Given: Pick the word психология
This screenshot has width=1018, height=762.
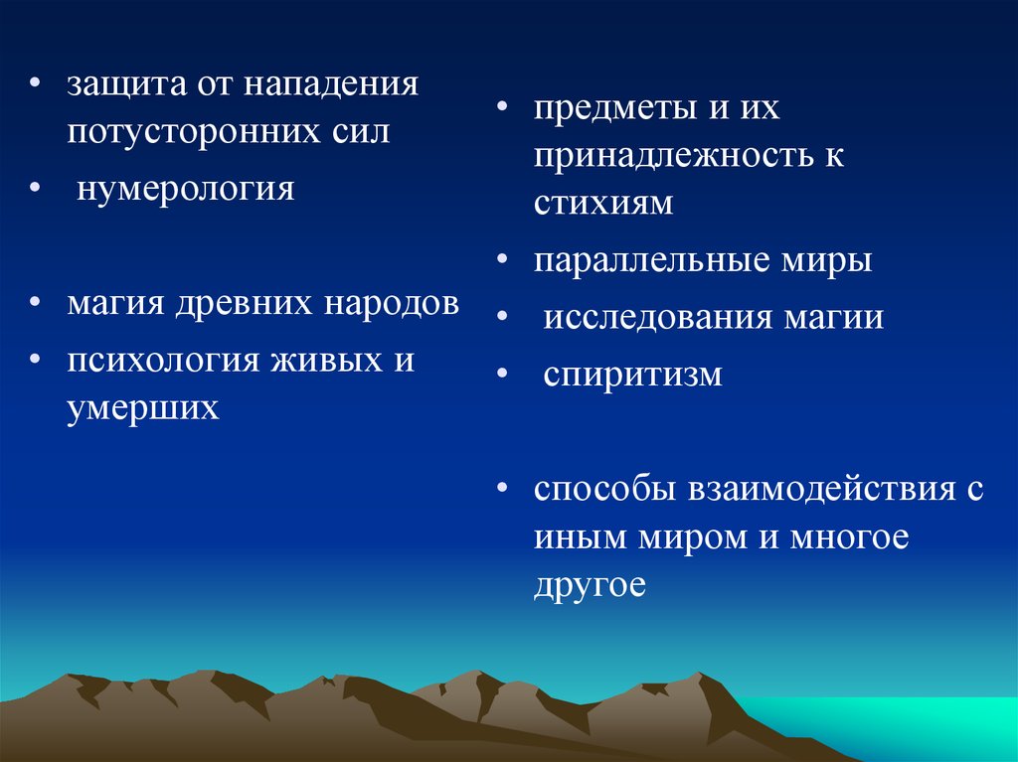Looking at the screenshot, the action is tap(163, 362).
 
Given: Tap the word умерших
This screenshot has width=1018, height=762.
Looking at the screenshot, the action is tap(143, 409).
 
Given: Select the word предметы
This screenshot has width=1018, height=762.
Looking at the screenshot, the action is tap(615, 108).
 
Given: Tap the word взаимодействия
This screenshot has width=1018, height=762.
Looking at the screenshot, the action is tap(822, 490).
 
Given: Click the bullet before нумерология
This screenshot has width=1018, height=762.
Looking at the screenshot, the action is tap(35, 187).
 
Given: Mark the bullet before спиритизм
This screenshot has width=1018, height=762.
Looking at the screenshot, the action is tap(502, 372).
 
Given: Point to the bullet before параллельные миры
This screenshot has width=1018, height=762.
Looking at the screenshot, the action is tap(502, 257).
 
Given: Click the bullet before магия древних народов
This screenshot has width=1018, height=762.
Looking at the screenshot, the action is tap(35, 301).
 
